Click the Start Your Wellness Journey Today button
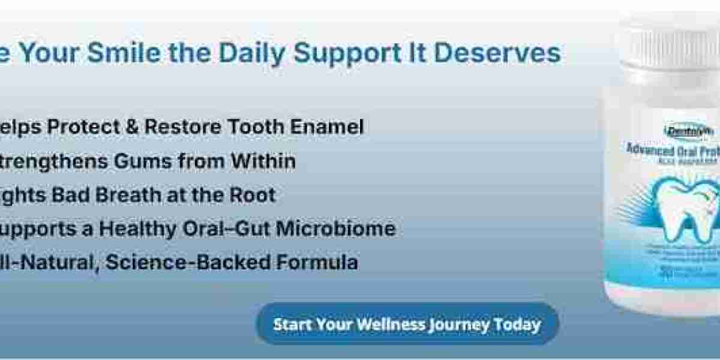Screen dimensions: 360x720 (x=407, y=325)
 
